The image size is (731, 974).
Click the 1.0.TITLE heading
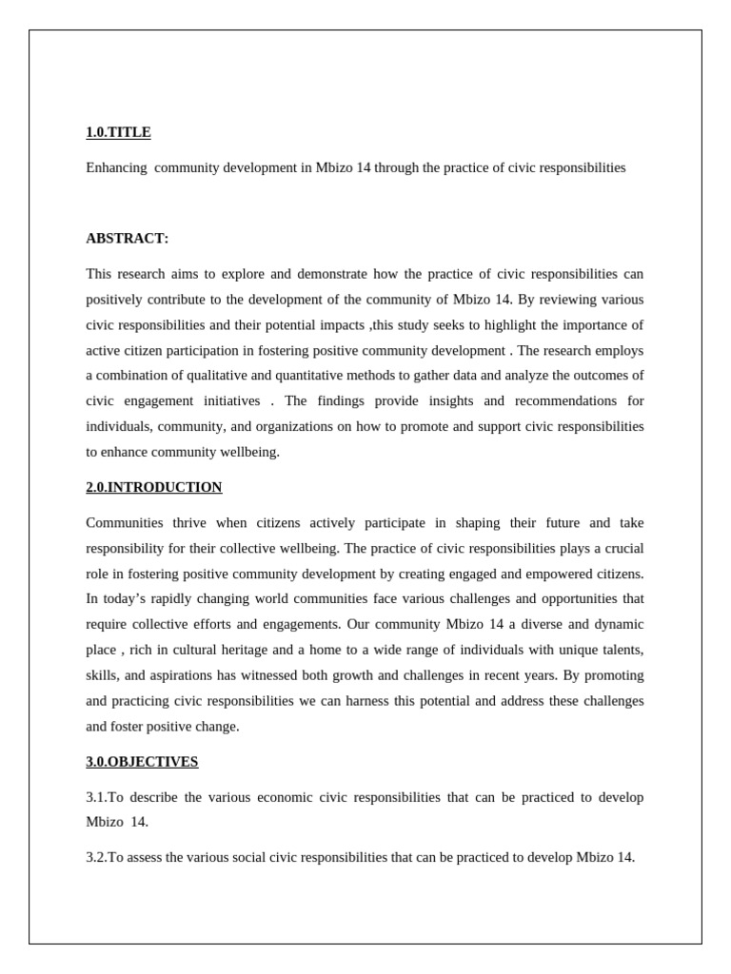[118, 132]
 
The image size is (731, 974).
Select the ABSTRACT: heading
[127, 238]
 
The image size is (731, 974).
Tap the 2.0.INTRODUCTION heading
[153, 487]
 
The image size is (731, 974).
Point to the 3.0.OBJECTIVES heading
[142, 761]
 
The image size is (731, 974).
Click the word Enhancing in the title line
[116, 167]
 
